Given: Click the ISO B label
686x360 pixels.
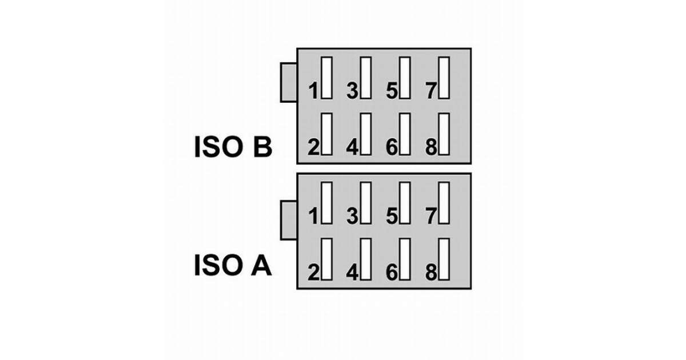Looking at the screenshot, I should coord(232,147).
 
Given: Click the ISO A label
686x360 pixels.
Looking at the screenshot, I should coord(232,266).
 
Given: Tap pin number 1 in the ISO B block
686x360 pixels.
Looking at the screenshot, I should coord(313,90).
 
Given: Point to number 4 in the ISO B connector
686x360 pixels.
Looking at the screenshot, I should coord(352,147).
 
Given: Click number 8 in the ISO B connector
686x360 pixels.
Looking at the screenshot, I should coord(431,147).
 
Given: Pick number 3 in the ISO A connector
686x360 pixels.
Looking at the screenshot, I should coord(352,216).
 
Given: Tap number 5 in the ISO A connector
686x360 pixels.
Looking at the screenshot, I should coord(392,216).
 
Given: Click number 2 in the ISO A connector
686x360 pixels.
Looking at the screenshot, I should coord(313,273).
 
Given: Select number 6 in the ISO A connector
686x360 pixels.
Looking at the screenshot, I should coord(392,273).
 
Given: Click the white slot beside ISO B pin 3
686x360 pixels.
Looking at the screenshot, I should coord(366,78).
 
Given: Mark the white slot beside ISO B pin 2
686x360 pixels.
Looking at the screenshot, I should coord(327,134).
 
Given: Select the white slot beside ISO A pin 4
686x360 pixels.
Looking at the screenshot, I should coord(366,259).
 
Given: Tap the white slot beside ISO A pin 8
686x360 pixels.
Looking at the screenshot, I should coord(444,259).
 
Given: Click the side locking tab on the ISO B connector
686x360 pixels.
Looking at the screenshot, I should coord(288,82).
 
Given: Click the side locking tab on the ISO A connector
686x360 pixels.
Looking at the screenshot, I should coord(288,220).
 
